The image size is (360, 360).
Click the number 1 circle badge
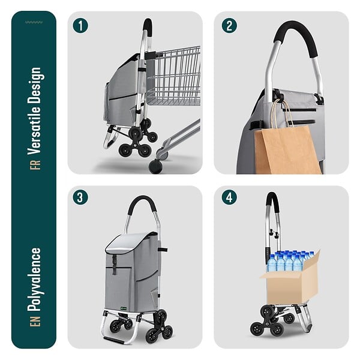coord(80,26)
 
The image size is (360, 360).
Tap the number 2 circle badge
coord(229,26)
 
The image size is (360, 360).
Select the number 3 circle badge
coord(80,197)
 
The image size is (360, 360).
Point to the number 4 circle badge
coord(229,197)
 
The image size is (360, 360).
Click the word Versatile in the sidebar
coord(34,124)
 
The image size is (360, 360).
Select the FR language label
coord(35,164)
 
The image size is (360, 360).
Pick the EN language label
coord(35,321)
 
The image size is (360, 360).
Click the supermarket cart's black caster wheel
coord(155,166)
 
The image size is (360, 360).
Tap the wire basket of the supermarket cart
coord(174,76)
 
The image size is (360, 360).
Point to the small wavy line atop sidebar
coord(34,22)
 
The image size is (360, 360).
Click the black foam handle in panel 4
coord(272,199)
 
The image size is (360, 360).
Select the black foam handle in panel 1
coord(148,27)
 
